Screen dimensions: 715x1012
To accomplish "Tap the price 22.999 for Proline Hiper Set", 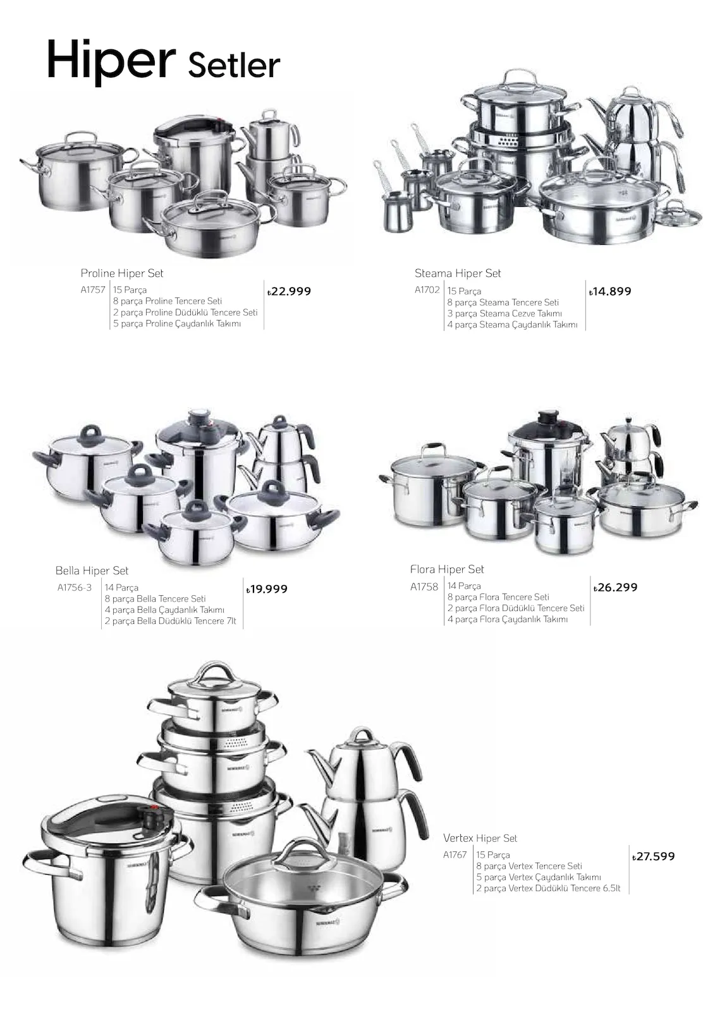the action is coord(289,292).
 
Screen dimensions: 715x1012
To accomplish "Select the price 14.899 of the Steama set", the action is coord(610,292).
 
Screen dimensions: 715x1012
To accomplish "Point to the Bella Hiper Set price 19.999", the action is coord(267,589).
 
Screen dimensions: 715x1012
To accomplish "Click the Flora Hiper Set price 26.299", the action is coord(616,588).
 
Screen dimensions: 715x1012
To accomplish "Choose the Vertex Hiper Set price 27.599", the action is coord(654,856).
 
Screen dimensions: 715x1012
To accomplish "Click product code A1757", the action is coord(93,290).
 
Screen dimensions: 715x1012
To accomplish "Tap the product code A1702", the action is coord(427,290).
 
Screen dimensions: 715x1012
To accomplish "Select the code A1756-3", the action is coord(75,588).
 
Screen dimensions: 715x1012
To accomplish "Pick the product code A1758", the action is coord(424,586).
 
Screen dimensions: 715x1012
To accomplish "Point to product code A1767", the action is coord(455,855).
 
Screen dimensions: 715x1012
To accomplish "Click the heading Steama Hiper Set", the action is coord(458,273).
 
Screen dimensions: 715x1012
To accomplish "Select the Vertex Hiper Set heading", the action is coord(480,839).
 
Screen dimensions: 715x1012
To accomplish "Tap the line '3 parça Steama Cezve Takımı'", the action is coord(504,314).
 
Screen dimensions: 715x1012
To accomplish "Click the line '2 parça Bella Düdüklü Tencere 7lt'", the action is coord(170,621).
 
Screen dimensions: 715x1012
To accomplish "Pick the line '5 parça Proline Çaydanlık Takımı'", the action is coord(177,324).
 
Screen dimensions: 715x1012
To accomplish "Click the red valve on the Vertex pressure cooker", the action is coord(155,808).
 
